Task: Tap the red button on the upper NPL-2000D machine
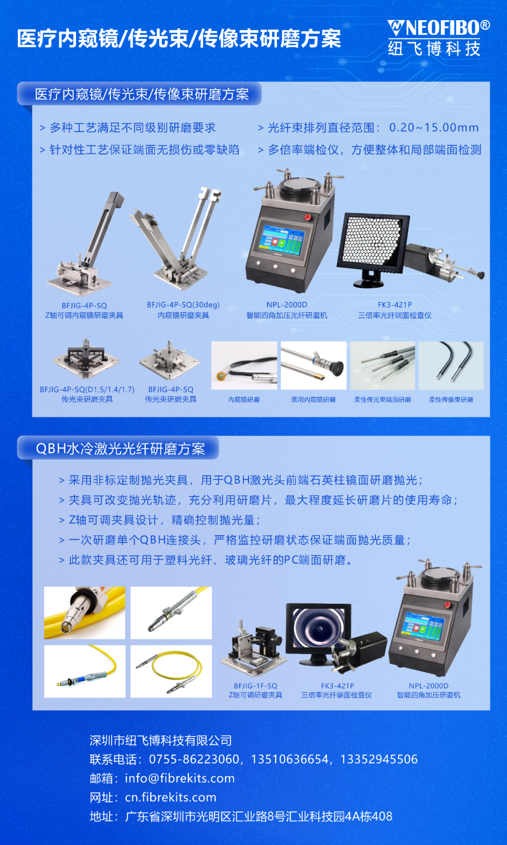[x=308, y=217]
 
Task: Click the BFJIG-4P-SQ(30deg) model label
[x=183, y=305]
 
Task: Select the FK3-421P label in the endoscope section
[x=395, y=305]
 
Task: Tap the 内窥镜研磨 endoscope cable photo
[x=244, y=365]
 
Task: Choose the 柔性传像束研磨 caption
[x=451, y=399]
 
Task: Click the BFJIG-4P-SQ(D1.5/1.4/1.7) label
[x=87, y=390]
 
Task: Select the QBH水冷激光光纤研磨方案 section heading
[x=121, y=449]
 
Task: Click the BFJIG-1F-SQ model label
[x=255, y=686]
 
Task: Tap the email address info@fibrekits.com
[x=180, y=778]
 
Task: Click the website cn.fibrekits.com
[x=170, y=797]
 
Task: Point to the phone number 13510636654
[x=290, y=759]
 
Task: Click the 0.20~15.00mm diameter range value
[x=434, y=128]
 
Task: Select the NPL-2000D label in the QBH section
[x=429, y=686]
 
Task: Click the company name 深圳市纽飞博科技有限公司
[x=161, y=740]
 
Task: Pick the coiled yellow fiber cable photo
[x=171, y=671]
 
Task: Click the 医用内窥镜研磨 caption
[x=314, y=399]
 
